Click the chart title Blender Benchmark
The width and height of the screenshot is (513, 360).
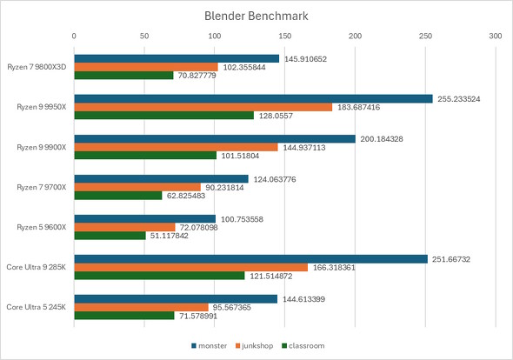[256, 15]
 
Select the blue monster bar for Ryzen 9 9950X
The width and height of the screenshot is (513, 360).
[253, 98]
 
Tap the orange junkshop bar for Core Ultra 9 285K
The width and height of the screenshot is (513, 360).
[190, 267]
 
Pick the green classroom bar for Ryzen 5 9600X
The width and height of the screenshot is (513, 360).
[110, 236]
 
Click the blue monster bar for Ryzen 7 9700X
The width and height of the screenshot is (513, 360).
[161, 178]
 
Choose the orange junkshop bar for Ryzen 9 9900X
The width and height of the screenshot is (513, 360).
[176, 147]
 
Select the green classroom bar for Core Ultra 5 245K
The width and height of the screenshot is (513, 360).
[124, 315]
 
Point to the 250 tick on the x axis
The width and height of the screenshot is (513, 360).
[424, 37]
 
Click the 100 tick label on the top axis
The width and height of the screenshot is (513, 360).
[214, 37]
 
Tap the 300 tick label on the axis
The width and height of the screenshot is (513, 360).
[495, 37]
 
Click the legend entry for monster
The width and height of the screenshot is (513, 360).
[209, 345]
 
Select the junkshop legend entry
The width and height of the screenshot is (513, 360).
[256, 345]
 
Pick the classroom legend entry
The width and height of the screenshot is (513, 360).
[305, 345]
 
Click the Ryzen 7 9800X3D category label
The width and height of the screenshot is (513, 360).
[37, 67]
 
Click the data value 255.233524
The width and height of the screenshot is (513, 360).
[463, 98]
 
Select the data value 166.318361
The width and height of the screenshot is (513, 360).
[340, 267]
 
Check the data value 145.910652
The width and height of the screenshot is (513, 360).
[310, 58]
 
